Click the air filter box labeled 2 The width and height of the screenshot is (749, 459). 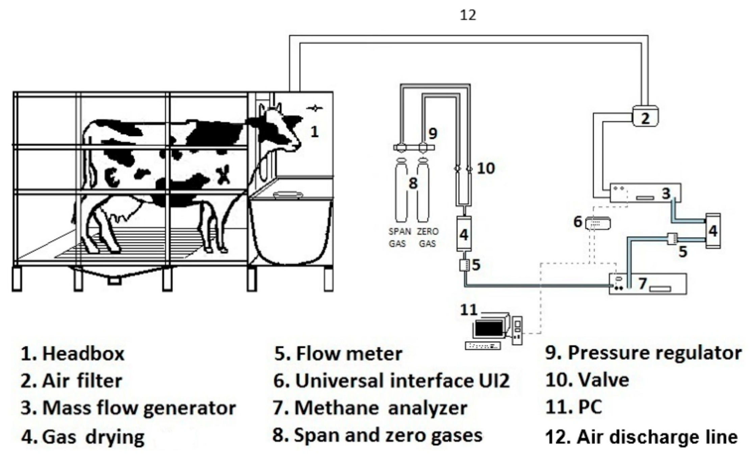click(645, 116)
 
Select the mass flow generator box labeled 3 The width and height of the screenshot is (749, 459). click(645, 193)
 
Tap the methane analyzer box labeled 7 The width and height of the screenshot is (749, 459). click(648, 283)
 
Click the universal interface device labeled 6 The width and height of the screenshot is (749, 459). click(597, 223)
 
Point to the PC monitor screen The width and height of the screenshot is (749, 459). click(488, 328)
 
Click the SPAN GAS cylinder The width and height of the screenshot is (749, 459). click(401, 192)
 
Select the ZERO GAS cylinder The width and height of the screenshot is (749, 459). click(423, 192)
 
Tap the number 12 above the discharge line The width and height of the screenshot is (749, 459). click(468, 15)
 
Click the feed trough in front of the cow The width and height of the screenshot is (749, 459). click(290, 230)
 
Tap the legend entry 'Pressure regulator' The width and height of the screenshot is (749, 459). click(654, 353)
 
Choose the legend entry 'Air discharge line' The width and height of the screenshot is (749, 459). click(657, 437)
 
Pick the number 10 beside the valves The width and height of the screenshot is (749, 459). click(486, 168)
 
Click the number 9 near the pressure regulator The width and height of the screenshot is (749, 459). click(433, 134)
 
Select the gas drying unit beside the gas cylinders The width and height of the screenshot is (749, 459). click(464, 234)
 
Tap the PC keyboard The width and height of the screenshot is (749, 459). click(483, 346)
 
